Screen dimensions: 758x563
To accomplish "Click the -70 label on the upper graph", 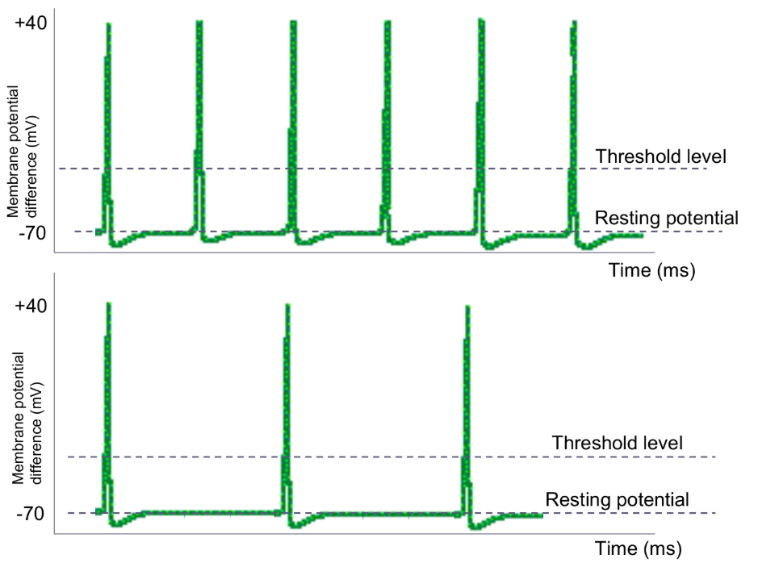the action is [x=31, y=232].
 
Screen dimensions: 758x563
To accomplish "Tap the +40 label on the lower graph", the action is [x=31, y=307].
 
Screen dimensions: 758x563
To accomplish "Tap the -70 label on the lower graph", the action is [x=31, y=513].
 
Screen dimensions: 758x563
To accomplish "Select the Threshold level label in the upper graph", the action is [x=660, y=156].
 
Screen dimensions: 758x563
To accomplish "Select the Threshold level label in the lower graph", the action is [x=618, y=443].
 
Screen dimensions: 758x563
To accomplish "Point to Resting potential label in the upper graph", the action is [x=666, y=218].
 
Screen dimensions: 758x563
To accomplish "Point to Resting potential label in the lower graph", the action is [x=618, y=499].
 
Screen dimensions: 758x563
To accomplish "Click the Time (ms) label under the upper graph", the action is [x=651, y=269].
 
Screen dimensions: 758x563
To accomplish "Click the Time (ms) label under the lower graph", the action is [x=639, y=549].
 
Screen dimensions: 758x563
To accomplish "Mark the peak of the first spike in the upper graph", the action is [x=107, y=24].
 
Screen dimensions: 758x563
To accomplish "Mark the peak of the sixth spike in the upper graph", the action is [x=575, y=21].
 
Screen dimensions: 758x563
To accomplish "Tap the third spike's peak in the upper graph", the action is [x=293, y=22].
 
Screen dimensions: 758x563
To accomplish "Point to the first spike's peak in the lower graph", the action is [x=107, y=305].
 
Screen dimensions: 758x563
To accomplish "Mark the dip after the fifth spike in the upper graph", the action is [x=488, y=248].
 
